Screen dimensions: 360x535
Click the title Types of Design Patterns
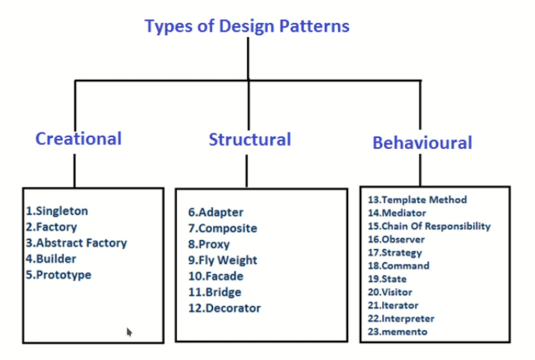point(247,27)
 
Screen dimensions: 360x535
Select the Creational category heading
point(78,139)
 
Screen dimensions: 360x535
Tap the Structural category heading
point(249,139)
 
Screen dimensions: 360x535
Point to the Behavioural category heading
point(422,143)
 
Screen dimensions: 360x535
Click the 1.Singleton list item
point(57,211)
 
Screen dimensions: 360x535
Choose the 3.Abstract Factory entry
point(76,243)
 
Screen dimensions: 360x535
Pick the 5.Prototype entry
point(59,275)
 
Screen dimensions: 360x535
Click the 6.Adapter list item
point(216,212)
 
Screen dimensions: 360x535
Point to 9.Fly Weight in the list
point(223,260)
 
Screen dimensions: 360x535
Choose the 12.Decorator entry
point(224,308)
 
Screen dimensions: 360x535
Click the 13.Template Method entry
point(417,200)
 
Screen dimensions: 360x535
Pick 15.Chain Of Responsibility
point(429,226)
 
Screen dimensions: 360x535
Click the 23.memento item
point(397,331)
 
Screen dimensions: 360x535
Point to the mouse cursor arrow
point(129,331)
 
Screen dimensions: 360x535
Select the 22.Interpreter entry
point(401,318)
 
